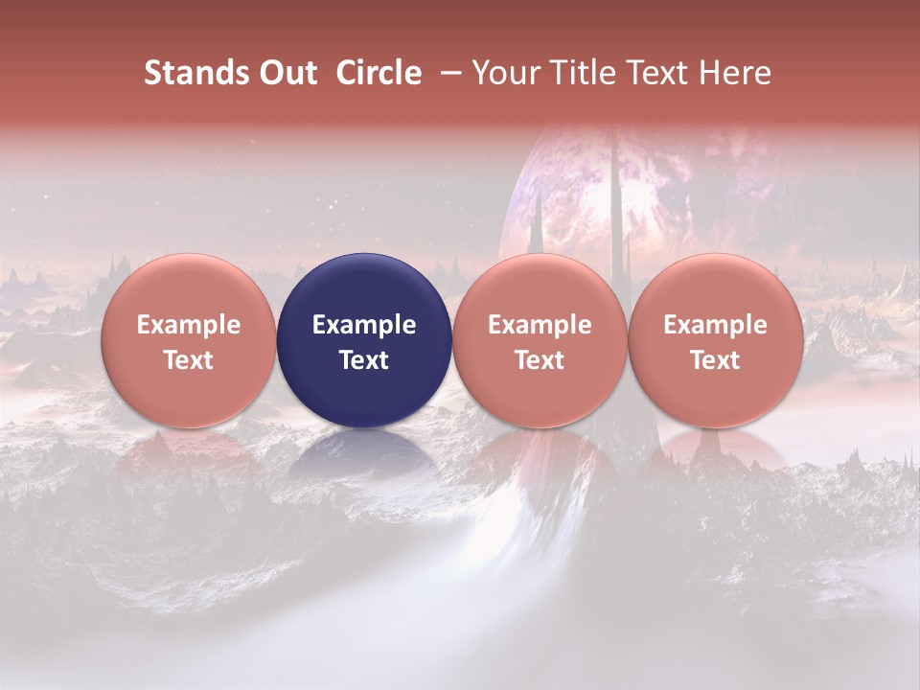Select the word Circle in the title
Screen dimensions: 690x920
coord(379,73)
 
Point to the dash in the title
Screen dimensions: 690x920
coord(447,73)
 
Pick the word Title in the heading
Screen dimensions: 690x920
coord(574,73)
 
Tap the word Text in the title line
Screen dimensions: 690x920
coord(655,73)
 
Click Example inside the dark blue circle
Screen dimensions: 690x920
coord(364,325)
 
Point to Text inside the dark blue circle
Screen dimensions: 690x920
coord(364,360)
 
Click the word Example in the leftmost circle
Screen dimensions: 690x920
coord(189,325)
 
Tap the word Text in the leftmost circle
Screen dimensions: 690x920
coord(189,360)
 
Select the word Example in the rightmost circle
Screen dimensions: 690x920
coord(716,325)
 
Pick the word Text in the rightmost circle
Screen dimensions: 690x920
coord(716,360)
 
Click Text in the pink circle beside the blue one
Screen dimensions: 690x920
coord(540,360)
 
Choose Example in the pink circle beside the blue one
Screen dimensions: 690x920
coord(540,325)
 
